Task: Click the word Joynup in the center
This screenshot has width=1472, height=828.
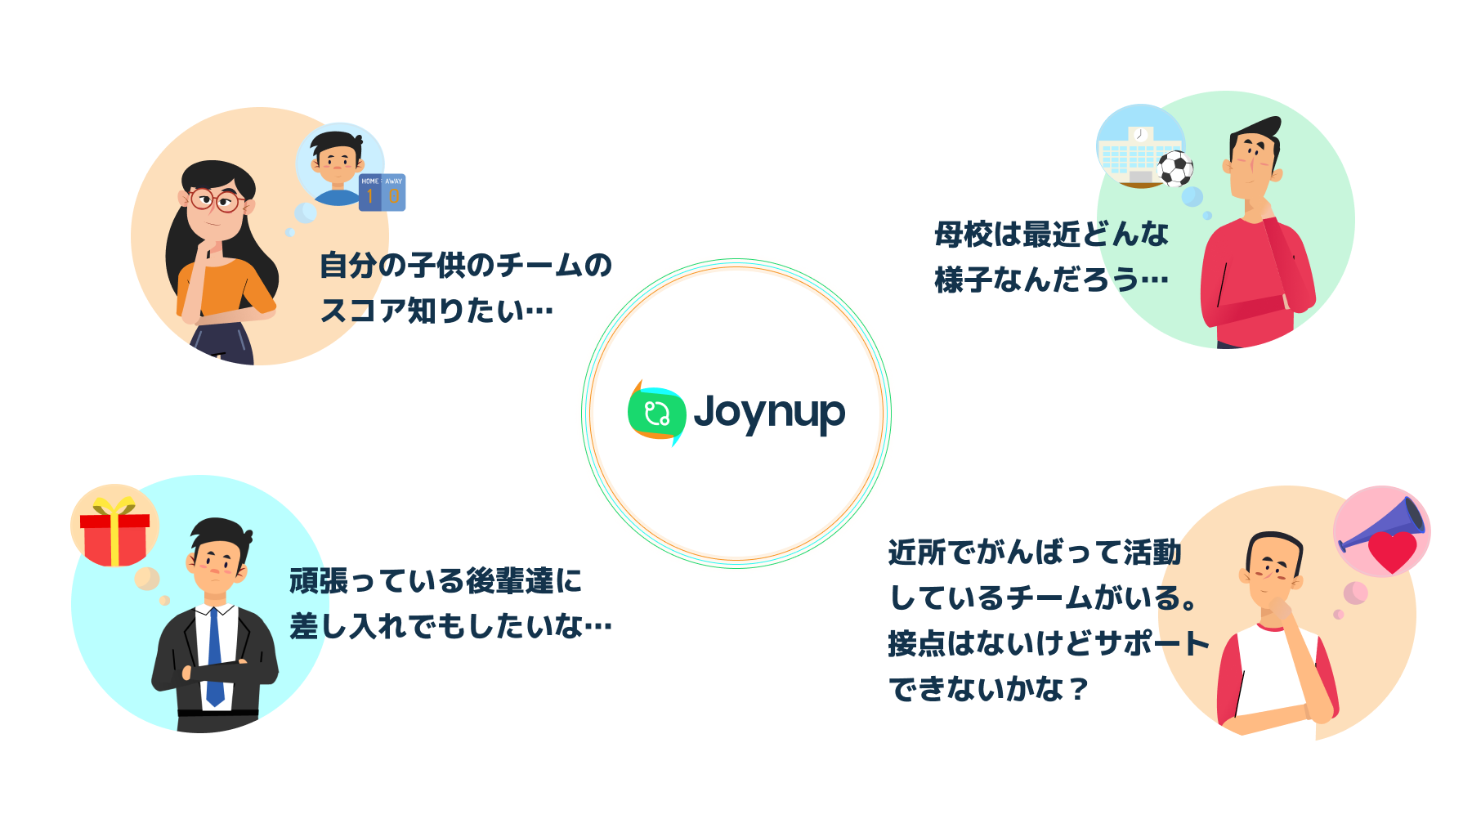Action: pyautogui.click(x=769, y=413)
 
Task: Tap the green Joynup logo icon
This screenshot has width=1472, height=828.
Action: pyautogui.click(x=656, y=413)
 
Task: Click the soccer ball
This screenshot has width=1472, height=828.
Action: pyautogui.click(x=1175, y=169)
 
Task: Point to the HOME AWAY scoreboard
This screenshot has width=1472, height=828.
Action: pyautogui.click(x=382, y=192)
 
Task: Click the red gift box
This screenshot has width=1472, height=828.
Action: pyautogui.click(x=114, y=539)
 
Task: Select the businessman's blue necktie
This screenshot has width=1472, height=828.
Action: pyautogui.click(x=214, y=658)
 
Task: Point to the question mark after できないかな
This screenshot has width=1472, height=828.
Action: pyautogui.click(x=1079, y=690)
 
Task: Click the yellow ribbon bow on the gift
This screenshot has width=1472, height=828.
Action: pyautogui.click(x=114, y=505)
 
